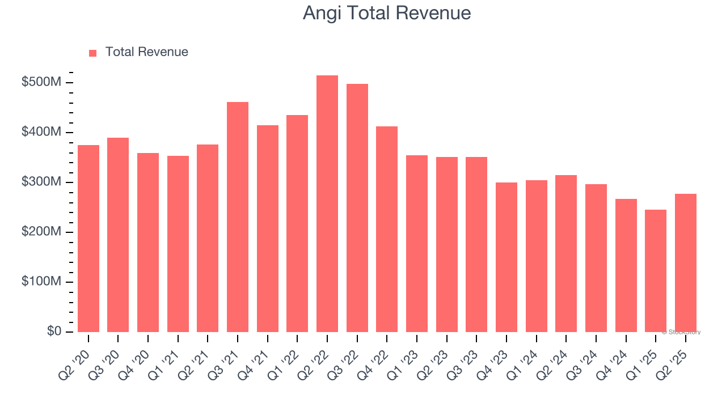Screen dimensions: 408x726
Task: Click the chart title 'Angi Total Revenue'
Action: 386,12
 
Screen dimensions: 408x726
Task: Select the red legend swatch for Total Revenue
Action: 93,53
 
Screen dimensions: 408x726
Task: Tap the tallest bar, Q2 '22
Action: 327,204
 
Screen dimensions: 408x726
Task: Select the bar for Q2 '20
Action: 88,239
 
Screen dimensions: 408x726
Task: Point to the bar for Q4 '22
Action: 387,229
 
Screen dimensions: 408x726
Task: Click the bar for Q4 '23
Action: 506,257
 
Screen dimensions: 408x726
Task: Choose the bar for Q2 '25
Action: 685,263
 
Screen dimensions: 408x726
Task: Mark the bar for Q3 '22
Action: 357,208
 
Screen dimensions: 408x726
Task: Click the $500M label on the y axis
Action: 41,83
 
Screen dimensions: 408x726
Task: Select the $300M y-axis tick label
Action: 41,182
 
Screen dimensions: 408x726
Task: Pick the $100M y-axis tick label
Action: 41,282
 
